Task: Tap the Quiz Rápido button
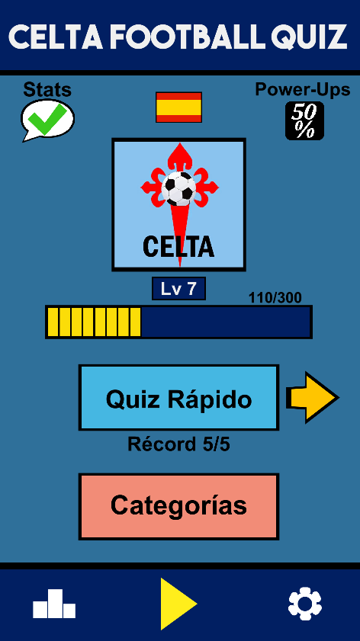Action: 178,397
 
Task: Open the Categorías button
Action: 178,507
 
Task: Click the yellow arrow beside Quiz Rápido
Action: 313,397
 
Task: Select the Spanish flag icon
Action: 178,107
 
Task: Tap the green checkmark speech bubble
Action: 47,120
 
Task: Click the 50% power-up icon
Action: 305,120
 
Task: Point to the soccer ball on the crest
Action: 178,188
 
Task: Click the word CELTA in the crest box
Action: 178,246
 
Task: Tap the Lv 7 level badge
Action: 178,289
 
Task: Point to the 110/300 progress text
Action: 275,298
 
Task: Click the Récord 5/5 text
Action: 178,444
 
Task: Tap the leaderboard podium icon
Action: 54,604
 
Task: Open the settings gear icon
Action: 305,604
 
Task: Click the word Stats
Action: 47,89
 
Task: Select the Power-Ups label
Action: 303,89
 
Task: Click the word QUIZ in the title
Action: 309,37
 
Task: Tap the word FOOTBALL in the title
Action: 186,37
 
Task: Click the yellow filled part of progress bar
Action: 94,322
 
